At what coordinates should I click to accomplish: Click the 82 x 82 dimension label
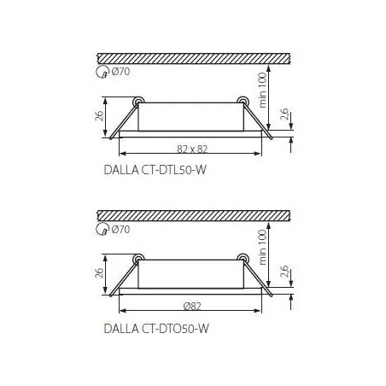[192, 149]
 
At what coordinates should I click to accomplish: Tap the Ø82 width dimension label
[192, 307]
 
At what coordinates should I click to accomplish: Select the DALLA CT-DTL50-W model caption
[155, 170]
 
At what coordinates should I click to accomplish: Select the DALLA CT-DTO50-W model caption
[156, 329]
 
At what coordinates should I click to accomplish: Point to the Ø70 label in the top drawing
[120, 71]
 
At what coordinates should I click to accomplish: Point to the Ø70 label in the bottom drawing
[120, 229]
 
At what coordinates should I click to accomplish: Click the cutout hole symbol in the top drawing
[102, 72]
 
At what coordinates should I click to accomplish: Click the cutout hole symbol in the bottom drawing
[102, 230]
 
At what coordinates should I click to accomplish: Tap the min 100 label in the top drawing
[262, 90]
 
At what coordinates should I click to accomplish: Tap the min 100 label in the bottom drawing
[262, 247]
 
